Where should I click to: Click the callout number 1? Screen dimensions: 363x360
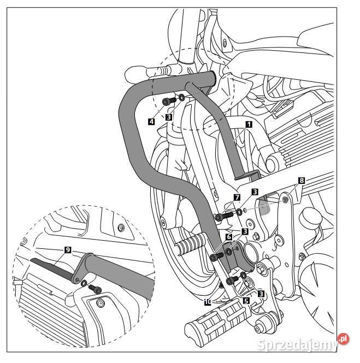249,124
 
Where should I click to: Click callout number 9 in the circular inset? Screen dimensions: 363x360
67,249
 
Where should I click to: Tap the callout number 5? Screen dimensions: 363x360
246,300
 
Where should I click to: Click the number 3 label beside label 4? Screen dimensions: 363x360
169,116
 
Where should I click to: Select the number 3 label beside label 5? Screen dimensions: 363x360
261,293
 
